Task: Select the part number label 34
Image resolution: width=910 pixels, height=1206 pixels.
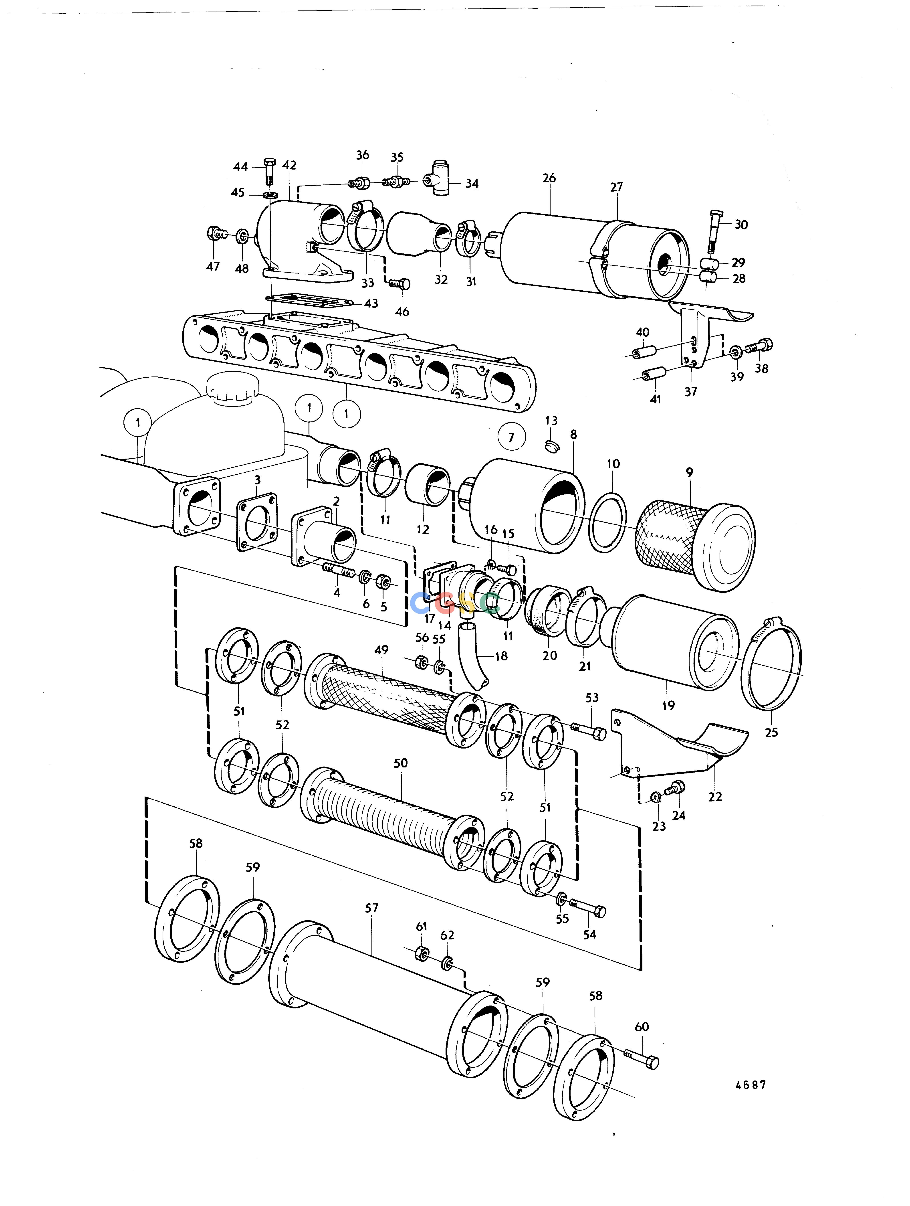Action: pyautogui.click(x=472, y=184)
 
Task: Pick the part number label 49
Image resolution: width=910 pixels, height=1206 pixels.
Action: pyautogui.click(x=381, y=650)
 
